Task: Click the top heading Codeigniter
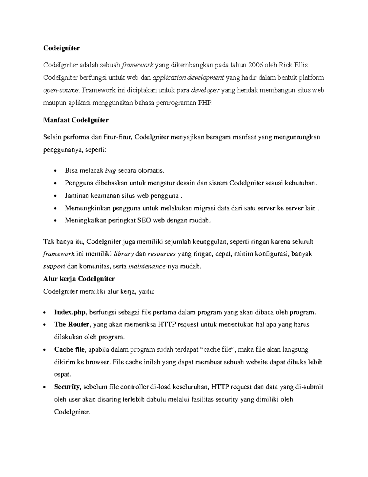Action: click(61, 48)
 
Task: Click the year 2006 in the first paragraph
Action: click(256, 65)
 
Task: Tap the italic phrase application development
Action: click(188, 77)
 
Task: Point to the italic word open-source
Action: click(61, 90)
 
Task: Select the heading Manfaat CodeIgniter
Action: click(76, 120)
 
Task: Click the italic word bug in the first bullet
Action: click(110, 170)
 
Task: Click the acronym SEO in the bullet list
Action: click(144, 221)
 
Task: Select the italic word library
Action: click(124, 254)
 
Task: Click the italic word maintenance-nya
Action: click(148, 266)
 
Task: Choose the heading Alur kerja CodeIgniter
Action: click(79, 279)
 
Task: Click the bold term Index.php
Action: click(71, 313)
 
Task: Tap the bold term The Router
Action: click(72, 325)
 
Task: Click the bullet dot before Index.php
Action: click(45, 313)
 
